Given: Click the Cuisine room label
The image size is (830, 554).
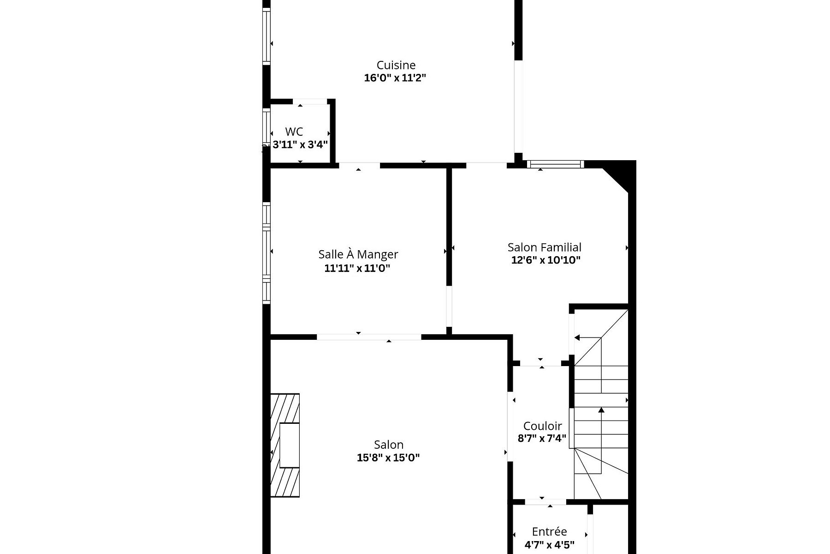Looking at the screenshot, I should click(x=396, y=65).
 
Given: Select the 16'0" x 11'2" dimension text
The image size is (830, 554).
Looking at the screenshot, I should click(x=395, y=78).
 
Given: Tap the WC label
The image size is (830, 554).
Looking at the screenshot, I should click(x=294, y=132).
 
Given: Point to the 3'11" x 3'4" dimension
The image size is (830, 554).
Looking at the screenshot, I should click(x=300, y=145).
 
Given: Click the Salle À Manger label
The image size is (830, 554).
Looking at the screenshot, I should click(x=358, y=254).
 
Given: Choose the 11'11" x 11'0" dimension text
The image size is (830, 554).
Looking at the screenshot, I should click(x=357, y=268).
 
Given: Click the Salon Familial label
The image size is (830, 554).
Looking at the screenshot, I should click(x=544, y=247).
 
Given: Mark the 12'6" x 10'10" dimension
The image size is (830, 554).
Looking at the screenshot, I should click(x=545, y=260).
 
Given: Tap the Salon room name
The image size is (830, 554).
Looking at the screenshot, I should click(x=388, y=445).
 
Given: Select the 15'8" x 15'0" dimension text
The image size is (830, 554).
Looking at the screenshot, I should click(x=388, y=458).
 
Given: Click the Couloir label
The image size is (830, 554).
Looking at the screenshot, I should click(x=542, y=426).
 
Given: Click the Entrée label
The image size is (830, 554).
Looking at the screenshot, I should click(x=549, y=531).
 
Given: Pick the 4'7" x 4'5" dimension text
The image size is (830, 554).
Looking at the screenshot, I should click(x=549, y=544).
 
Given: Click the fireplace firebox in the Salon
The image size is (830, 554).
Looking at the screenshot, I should click(x=289, y=445).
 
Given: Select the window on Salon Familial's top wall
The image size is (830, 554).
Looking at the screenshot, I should click(x=555, y=164).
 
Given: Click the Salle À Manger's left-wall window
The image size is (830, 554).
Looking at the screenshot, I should click(x=266, y=253).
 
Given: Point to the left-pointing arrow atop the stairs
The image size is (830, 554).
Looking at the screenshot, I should click(x=577, y=337).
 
